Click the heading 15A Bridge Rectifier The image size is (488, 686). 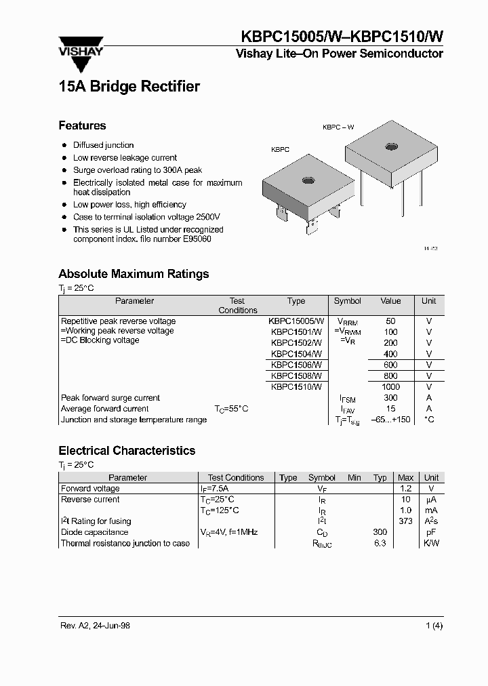coord(129,87)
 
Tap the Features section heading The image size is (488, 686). coord(82,125)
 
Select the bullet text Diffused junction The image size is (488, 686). coord(103,145)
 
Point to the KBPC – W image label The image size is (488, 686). coord(338,127)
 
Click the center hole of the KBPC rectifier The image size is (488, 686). coord(308,181)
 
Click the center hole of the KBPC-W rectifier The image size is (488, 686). coord(391,146)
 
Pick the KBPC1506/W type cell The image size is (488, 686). coord(296,365)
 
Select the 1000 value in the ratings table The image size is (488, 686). coord(390,386)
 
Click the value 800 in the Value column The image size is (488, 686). coord(390,376)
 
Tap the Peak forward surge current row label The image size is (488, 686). coord(110,398)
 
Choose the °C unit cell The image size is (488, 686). coord(428,420)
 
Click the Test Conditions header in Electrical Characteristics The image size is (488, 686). coord(236,477)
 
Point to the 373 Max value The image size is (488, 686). coord(405,521)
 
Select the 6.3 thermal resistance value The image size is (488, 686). coord(380,543)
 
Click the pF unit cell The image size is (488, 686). coord(431,532)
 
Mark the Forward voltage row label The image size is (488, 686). coord(90,488)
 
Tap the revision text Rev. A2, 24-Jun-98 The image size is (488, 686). coord(94,626)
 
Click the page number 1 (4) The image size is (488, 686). coord(434,626)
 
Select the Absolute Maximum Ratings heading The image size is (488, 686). coord(134,274)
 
